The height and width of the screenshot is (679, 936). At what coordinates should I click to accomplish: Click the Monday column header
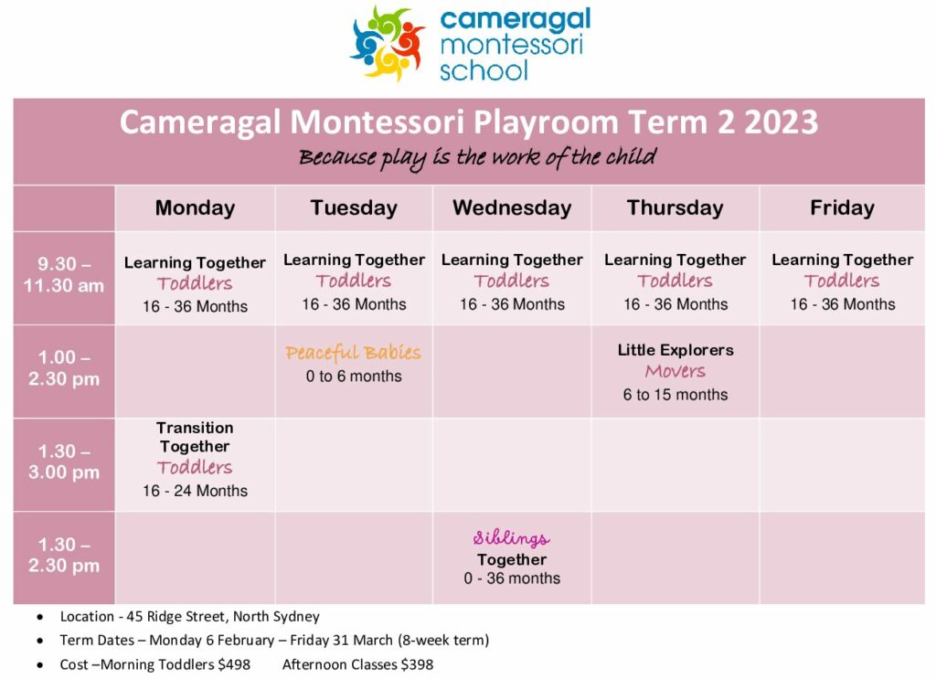[x=195, y=207]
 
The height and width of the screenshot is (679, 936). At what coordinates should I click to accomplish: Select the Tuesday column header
[x=354, y=207]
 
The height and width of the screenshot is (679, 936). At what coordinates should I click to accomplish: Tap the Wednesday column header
[x=512, y=207]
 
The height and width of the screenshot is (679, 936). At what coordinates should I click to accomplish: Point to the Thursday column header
[x=675, y=207]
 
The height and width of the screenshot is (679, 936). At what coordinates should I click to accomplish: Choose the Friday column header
[x=842, y=207]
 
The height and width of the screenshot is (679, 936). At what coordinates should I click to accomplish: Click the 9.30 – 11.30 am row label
[x=64, y=274]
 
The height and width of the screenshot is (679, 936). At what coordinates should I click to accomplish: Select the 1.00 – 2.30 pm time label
[x=64, y=367]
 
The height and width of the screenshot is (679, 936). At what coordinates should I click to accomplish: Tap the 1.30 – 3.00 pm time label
[x=64, y=462]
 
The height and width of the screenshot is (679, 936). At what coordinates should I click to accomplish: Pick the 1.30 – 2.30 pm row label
[x=64, y=555]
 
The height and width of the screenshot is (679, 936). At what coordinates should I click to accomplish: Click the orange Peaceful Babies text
[x=354, y=353]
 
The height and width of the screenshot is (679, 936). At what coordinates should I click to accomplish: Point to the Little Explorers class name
[x=675, y=350]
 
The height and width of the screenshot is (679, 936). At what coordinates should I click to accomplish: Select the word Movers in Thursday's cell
[x=675, y=371]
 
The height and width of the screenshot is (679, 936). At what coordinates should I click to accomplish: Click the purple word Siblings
[x=512, y=538]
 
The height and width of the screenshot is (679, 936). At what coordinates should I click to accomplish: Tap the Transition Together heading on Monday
[x=195, y=437]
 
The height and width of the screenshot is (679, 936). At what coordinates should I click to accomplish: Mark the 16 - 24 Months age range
[x=195, y=491]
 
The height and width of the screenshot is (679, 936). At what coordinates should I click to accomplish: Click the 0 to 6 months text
[x=354, y=376]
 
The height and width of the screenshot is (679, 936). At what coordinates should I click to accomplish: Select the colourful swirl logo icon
[x=387, y=43]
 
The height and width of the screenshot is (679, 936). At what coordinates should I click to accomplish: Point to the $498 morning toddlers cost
[x=234, y=664]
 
